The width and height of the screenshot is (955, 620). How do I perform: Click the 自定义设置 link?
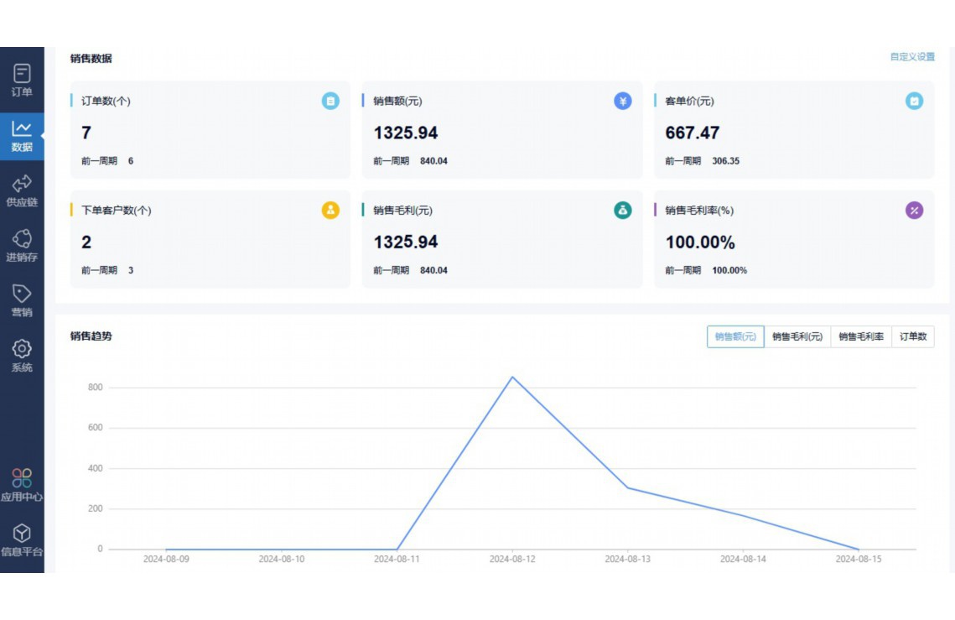[x=911, y=57]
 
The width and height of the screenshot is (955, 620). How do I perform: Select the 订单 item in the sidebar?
[x=22, y=81]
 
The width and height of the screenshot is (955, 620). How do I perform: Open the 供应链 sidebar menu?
[x=22, y=190]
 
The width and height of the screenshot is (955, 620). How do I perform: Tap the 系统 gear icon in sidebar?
[x=22, y=348]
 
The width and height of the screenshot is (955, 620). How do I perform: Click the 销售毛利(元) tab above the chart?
[x=797, y=336]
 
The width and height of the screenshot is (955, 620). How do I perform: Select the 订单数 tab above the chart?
[x=912, y=336]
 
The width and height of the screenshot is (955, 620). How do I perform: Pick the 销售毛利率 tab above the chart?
[x=860, y=336]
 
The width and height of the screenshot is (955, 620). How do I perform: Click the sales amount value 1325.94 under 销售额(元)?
[x=406, y=133]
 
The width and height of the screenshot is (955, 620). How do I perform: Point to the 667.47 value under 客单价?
[x=693, y=133]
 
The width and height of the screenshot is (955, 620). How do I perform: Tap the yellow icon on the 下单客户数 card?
[x=330, y=211]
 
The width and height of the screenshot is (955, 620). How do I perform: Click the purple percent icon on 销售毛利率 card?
[x=914, y=211]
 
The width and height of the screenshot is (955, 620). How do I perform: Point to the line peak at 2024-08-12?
[x=512, y=377]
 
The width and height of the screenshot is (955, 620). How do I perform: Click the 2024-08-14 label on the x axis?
[x=743, y=559]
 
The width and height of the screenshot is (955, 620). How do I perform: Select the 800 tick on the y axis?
[x=94, y=388]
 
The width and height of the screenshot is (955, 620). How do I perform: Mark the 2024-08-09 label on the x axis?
[x=166, y=559]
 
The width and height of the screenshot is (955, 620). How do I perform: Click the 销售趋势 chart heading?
[x=91, y=336]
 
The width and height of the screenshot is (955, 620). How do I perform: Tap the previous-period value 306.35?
[x=725, y=161]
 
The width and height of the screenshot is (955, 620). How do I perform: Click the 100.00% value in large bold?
[x=700, y=242]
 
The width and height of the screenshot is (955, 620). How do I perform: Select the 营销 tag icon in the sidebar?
[x=22, y=294]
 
